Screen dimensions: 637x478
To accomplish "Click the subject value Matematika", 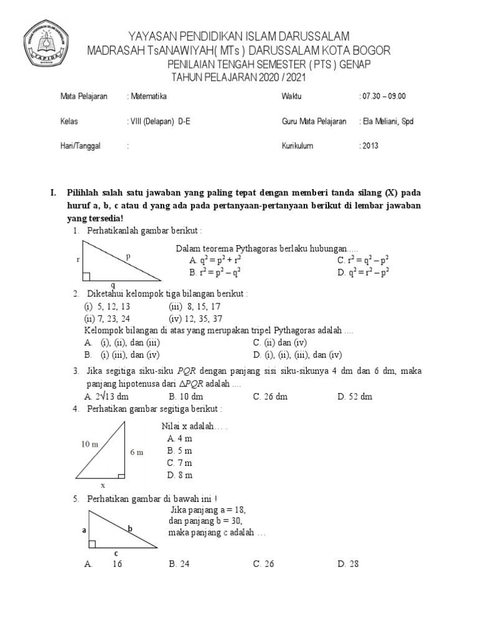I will (x=147, y=96).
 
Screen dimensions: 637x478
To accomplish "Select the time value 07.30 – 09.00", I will (x=383, y=96).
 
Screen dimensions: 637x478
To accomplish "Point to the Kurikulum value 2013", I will (x=369, y=146).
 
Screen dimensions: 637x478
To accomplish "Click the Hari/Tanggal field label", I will (x=80, y=146).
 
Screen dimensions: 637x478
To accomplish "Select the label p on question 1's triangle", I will (x=128, y=256).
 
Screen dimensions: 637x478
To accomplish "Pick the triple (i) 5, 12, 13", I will (x=107, y=307).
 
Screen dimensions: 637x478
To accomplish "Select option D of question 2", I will (x=298, y=355).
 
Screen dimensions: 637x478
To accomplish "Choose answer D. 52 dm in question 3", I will (x=355, y=396).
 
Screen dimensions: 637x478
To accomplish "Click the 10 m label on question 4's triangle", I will (x=90, y=444).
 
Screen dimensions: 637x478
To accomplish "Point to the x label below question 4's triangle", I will (x=103, y=485).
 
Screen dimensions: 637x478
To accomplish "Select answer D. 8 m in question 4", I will (x=179, y=475).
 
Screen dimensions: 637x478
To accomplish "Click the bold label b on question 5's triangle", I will (x=130, y=529).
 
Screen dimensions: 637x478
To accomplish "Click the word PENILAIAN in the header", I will (x=197, y=65).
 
